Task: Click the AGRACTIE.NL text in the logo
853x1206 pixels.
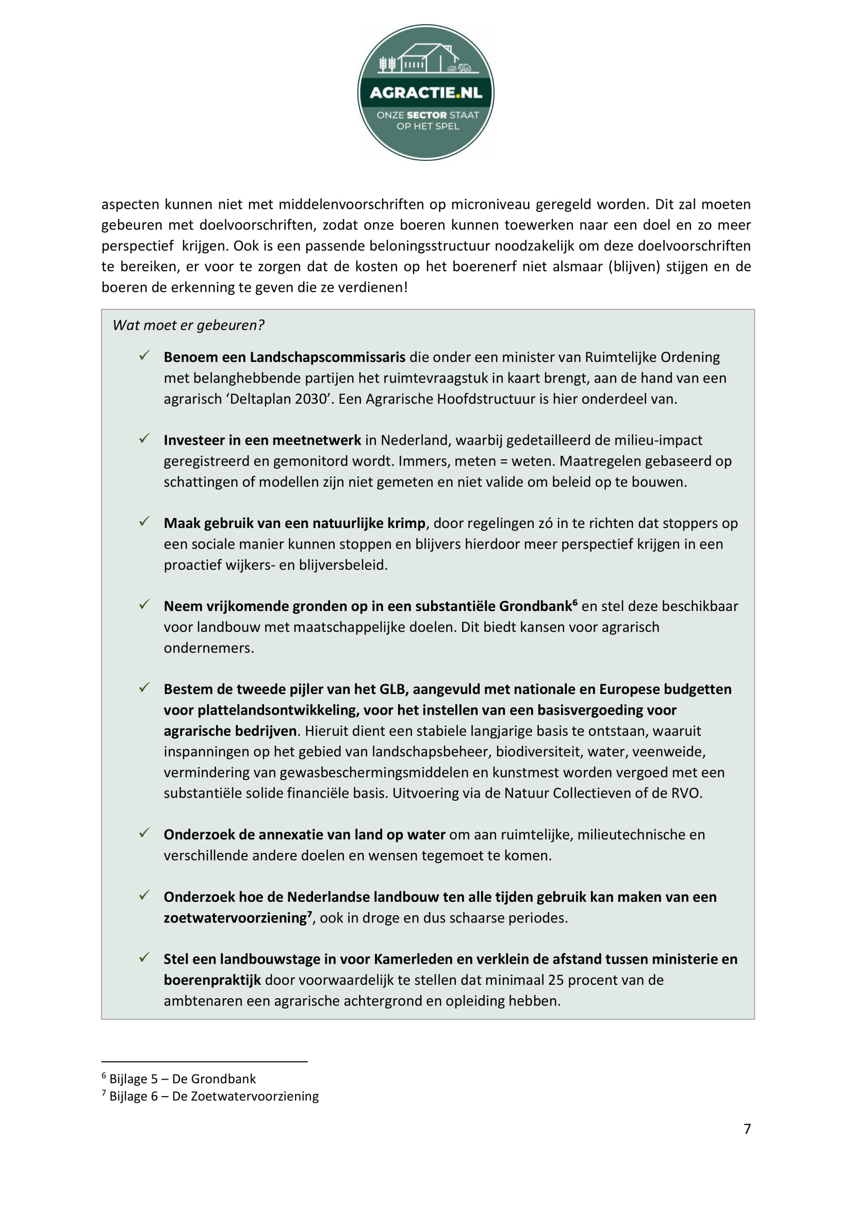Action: click(425, 93)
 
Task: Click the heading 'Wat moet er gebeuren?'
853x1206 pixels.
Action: click(188, 325)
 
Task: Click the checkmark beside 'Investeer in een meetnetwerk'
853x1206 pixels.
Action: click(144, 439)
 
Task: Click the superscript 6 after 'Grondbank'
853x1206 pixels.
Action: click(575, 602)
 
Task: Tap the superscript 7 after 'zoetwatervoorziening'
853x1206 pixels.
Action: click(310, 914)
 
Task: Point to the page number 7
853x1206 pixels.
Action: click(747, 1129)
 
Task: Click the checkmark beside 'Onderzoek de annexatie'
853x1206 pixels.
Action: click(144, 834)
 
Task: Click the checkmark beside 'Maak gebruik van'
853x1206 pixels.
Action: click(144, 522)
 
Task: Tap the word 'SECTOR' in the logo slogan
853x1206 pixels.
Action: click(427, 115)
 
